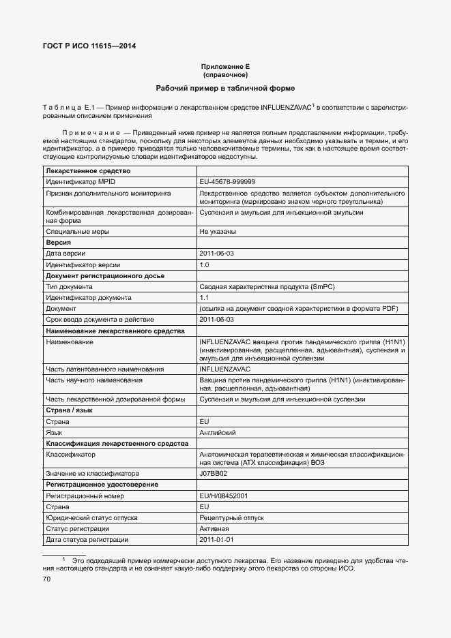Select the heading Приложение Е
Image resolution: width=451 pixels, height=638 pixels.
(x=225, y=66)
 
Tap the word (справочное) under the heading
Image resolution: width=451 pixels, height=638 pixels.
(x=225, y=74)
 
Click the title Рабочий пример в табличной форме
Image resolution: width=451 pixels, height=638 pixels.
(x=225, y=89)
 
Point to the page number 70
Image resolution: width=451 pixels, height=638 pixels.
(x=47, y=579)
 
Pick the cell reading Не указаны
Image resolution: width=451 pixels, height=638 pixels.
(x=218, y=232)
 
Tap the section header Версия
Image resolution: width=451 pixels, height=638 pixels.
(x=59, y=243)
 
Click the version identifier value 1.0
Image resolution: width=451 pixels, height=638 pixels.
(x=204, y=264)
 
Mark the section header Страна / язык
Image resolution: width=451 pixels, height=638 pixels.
(x=69, y=411)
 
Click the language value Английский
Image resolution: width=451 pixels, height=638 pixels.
(x=218, y=433)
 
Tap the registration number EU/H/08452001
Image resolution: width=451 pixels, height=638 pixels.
(x=223, y=496)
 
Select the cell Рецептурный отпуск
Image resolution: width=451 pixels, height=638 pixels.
(x=231, y=518)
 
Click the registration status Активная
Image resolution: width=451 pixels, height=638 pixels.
(x=214, y=529)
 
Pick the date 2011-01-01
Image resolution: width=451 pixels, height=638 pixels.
(x=216, y=540)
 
